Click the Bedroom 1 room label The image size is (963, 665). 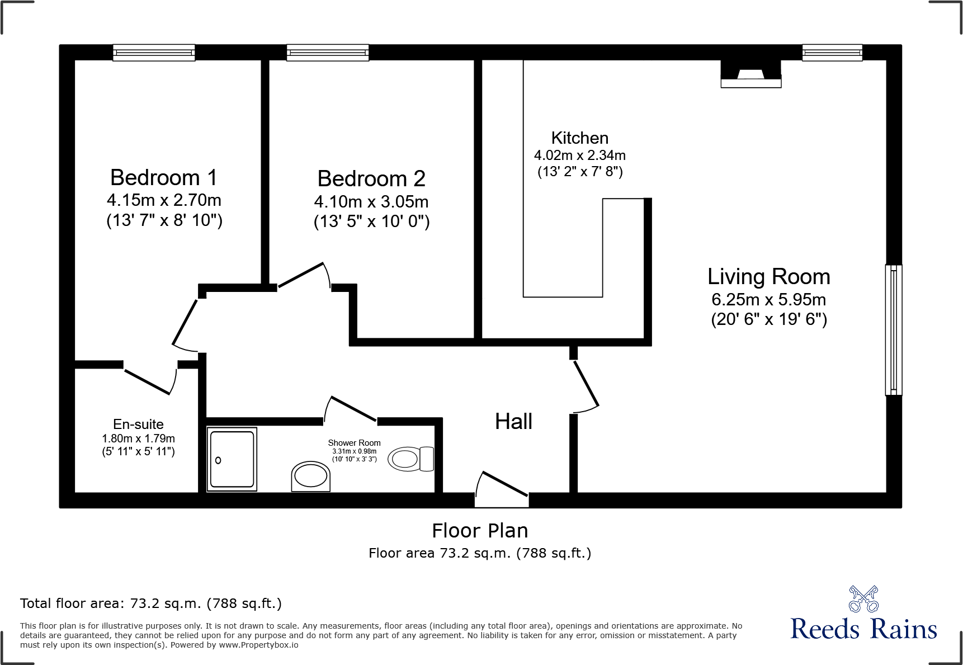(x=164, y=178)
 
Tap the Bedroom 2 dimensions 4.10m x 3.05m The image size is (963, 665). (x=371, y=201)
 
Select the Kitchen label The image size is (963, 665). (x=580, y=138)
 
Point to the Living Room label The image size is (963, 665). (x=768, y=277)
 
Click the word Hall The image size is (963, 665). (x=513, y=422)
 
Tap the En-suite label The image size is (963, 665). (x=138, y=425)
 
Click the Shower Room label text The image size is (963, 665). (x=354, y=443)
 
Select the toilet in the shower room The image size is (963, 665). (x=411, y=459)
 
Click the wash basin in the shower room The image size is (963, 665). (x=311, y=477)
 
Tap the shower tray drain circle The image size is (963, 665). (x=218, y=460)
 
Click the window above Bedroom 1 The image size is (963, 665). (x=154, y=53)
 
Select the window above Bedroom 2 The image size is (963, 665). (x=328, y=53)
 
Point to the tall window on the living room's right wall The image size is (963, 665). (x=893, y=330)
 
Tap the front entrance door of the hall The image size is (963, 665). (x=502, y=487)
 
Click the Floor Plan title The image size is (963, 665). (x=480, y=530)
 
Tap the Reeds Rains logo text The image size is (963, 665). (x=863, y=629)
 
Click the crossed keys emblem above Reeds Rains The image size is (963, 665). (x=863, y=599)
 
